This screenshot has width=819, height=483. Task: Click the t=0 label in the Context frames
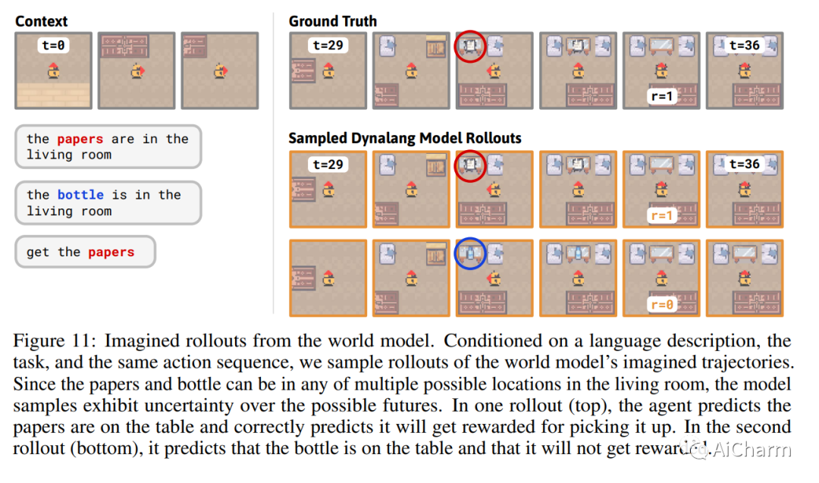[54, 45]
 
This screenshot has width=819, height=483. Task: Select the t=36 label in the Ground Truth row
[744, 45]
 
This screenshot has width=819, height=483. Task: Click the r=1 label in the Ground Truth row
[662, 96]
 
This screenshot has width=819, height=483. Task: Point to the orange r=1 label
[662, 215]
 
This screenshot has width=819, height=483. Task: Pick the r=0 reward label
[662, 305]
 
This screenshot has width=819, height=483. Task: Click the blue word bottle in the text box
[81, 195]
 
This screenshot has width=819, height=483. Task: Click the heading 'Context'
[42, 21]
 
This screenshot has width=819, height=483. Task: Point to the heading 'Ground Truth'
[333, 21]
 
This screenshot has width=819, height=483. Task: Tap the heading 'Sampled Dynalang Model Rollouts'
[405, 139]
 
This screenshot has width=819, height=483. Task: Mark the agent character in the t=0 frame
[54, 72]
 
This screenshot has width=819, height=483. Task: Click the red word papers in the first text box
[81, 139]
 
